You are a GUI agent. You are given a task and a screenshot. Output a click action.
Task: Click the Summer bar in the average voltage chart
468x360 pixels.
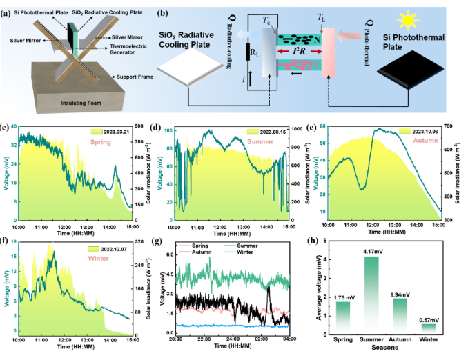pos(371,297)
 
